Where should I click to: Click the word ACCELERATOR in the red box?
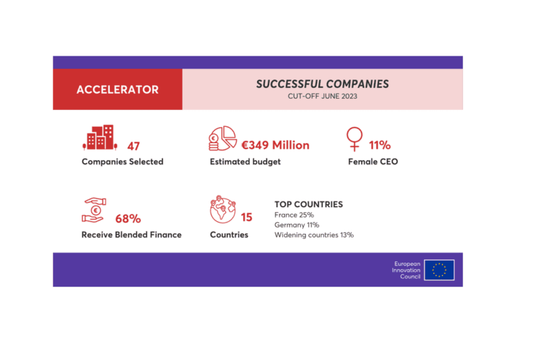pyautogui.click(x=118, y=89)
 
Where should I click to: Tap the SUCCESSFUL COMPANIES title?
pyautogui.click(x=322, y=84)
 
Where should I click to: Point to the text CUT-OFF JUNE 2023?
pyautogui.click(x=322, y=97)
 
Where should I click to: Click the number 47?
pyautogui.click(x=133, y=146)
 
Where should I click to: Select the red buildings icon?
pyautogui.click(x=99, y=138)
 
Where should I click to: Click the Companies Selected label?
pyautogui.click(x=123, y=162)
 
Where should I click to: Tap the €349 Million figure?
pyautogui.click(x=275, y=145)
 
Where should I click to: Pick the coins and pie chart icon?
pyautogui.click(x=223, y=138)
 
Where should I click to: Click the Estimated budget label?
pyautogui.click(x=245, y=162)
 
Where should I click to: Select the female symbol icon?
pyautogui.click(x=354, y=139)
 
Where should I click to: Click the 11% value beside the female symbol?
pyautogui.click(x=380, y=146)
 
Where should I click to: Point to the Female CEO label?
pyautogui.click(x=373, y=162)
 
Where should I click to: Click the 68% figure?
pyautogui.click(x=128, y=218)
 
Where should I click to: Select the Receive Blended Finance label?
pyautogui.click(x=132, y=235)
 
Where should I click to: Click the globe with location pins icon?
pyautogui.click(x=223, y=210)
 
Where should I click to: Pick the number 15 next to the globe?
pyautogui.click(x=247, y=218)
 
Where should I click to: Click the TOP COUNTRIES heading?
pyautogui.click(x=309, y=204)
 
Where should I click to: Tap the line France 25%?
pyautogui.click(x=294, y=215)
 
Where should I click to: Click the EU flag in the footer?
pyautogui.click(x=439, y=270)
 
